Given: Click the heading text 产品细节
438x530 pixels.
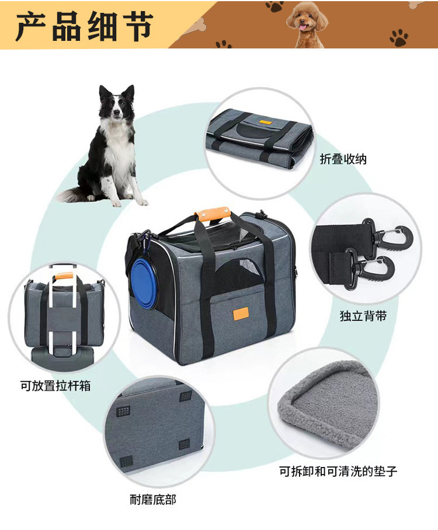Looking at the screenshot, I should point(85,26).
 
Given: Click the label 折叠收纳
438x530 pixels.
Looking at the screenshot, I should point(343,159).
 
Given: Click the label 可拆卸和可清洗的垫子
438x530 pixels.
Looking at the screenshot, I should point(338,470).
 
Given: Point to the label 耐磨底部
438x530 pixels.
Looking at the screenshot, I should point(152,499).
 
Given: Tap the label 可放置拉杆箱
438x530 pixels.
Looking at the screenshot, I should point(55,385).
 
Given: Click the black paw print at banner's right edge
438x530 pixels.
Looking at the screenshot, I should point(399,39).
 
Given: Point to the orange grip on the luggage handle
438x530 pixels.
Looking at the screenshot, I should point(62,271).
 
